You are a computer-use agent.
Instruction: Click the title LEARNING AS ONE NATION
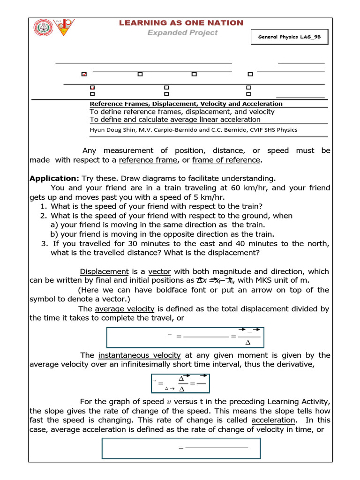pos(181,23)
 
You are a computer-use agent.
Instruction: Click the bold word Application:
pos(54,179)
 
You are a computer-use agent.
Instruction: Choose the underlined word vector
pos(160,271)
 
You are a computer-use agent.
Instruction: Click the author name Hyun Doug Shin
pos(110,130)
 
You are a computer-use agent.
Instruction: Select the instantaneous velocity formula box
pos(180,383)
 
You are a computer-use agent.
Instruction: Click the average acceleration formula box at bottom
pos(181,449)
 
